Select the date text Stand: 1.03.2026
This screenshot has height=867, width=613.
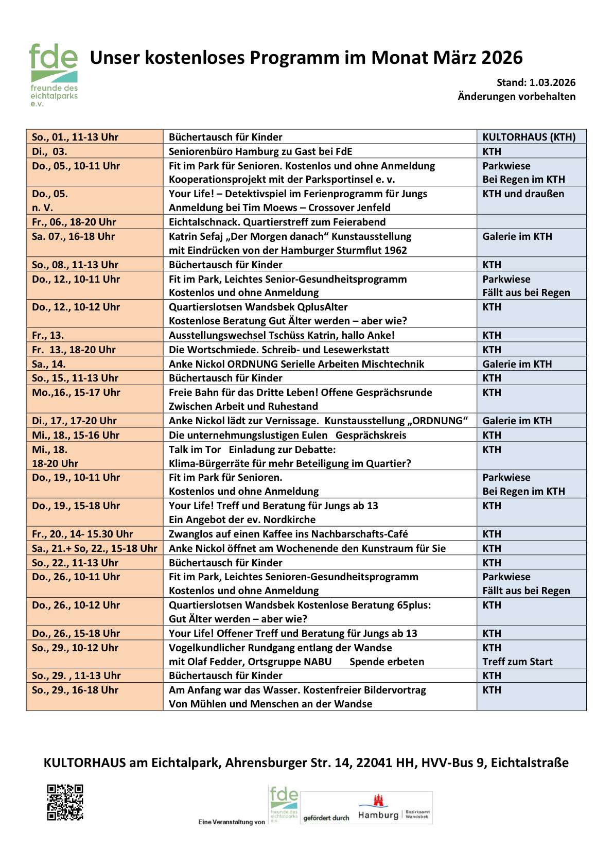(536, 82)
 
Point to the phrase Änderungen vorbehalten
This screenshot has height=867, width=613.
(516, 96)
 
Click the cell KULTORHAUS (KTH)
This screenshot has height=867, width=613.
(529, 137)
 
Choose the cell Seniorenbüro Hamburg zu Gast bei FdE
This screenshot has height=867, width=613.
(260, 151)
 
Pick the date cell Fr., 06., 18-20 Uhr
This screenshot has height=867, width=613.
(74, 222)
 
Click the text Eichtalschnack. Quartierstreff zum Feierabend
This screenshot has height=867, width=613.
(277, 222)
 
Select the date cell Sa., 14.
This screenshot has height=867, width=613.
(49, 364)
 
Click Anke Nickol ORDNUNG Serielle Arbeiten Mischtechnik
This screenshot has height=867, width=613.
(296, 364)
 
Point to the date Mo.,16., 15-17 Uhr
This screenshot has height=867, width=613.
(76, 392)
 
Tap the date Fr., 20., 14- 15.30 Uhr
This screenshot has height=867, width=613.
(82, 534)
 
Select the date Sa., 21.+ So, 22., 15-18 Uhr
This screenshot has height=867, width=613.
(94, 548)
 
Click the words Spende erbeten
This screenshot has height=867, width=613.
(387, 662)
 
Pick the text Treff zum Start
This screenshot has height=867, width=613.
(517, 662)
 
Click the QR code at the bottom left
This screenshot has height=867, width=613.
(65, 802)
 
